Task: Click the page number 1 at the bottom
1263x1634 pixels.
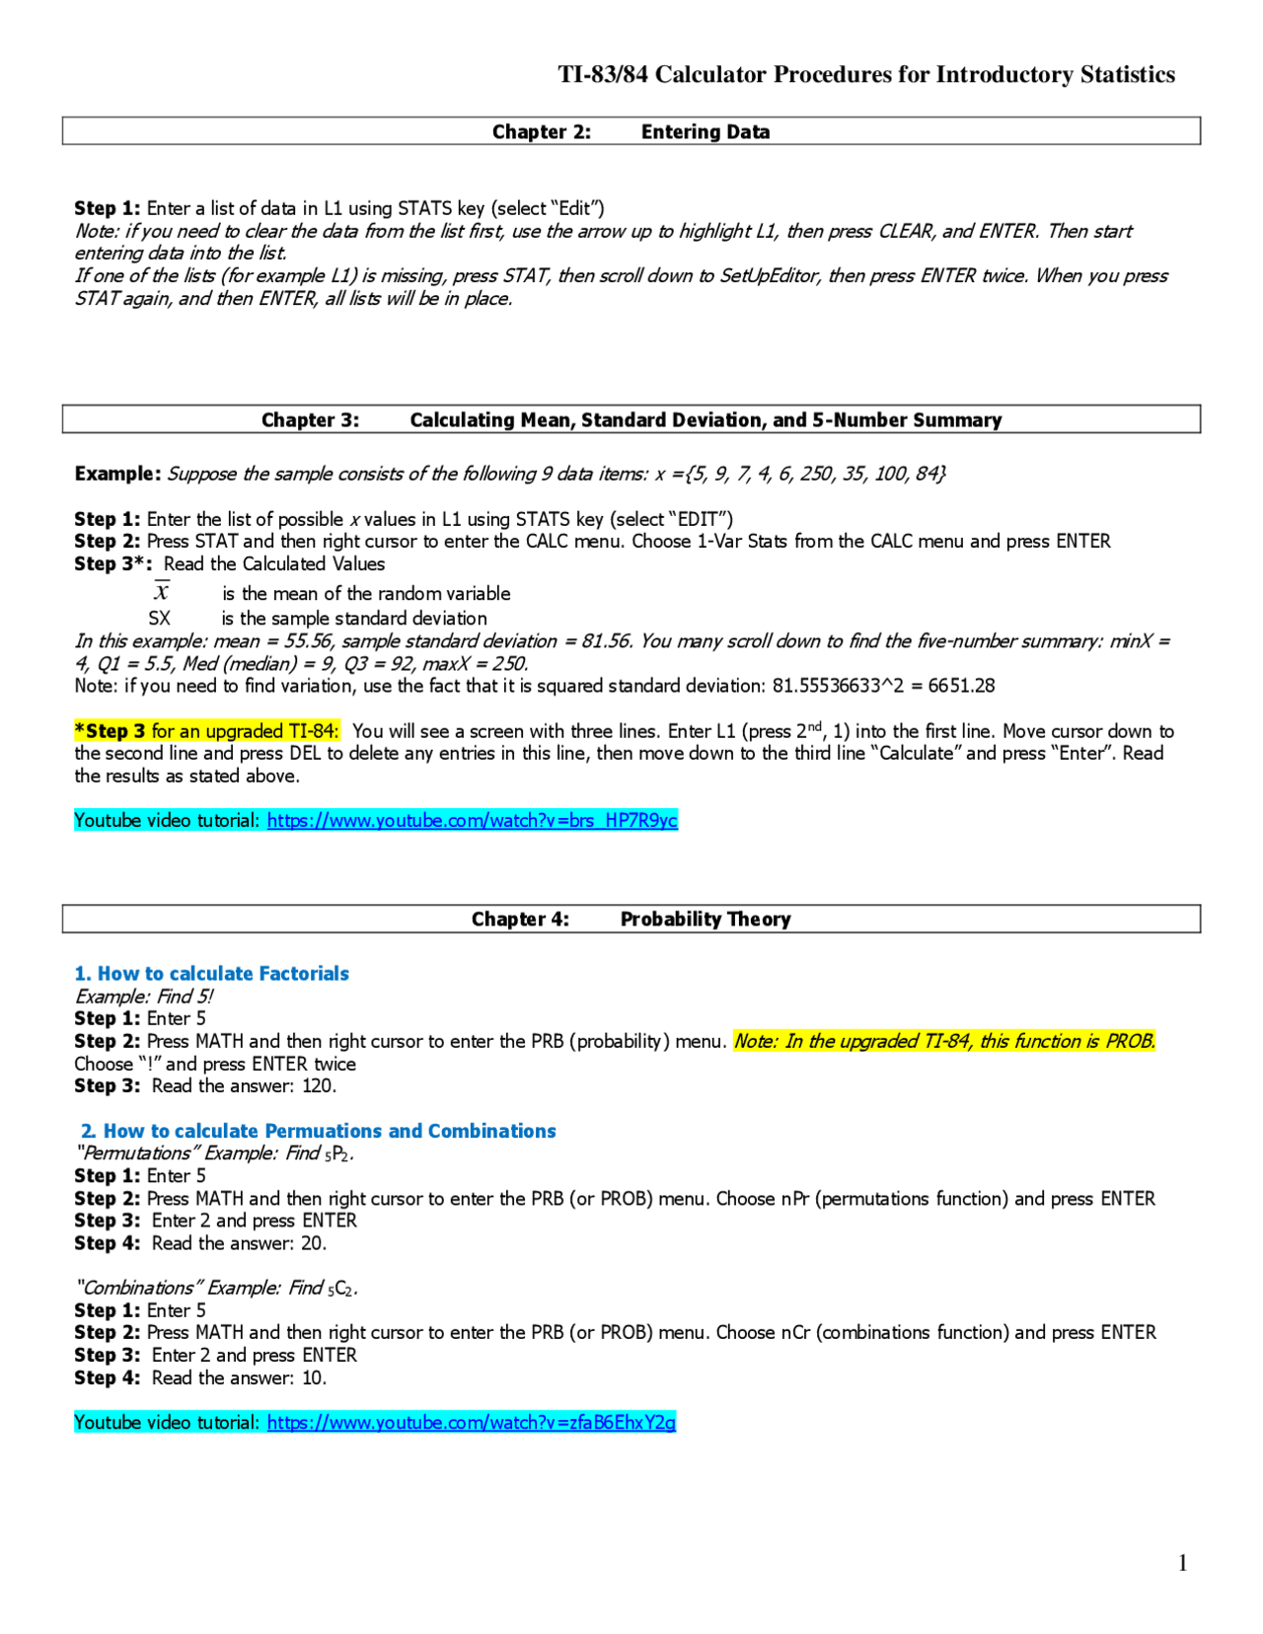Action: pyautogui.click(x=1182, y=1562)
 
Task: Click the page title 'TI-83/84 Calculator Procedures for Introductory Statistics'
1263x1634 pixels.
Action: pyautogui.click(x=866, y=75)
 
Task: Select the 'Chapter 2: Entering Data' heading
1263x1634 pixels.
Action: pyautogui.click(x=631, y=131)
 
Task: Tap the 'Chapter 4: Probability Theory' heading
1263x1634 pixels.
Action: pyautogui.click(x=631, y=919)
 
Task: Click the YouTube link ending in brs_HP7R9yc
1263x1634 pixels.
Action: pyautogui.click(x=472, y=820)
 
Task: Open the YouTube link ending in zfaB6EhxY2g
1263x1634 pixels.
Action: pyautogui.click(x=471, y=1422)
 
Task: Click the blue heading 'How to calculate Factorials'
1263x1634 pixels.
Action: pyautogui.click(x=222, y=973)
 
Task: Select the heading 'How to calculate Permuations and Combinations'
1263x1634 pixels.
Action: pyautogui.click(x=329, y=1131)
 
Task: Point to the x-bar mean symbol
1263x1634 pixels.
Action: pyautogui.click(x=162, y=592)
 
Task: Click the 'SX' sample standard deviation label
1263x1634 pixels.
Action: pyautogui.click(x=159, y=619)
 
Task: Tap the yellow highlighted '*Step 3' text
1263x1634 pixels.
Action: pyautogui.click(x=111, y=731)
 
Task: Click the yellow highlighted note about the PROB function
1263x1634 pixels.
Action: pyautogui.click(x=944, y=1041)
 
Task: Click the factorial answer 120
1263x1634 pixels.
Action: pyautogui.click(x=318, y=1086)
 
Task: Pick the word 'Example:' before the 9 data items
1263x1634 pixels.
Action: pyautogui.click(x=117, y=474)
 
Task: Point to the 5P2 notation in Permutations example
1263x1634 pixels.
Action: pyautogui.click(x=338, y=1153)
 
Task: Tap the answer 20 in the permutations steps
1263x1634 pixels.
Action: pyautogui.click(x=312, y=1243)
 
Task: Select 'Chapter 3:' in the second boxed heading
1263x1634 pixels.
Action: pyautogui.click(x=310, y=420)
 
